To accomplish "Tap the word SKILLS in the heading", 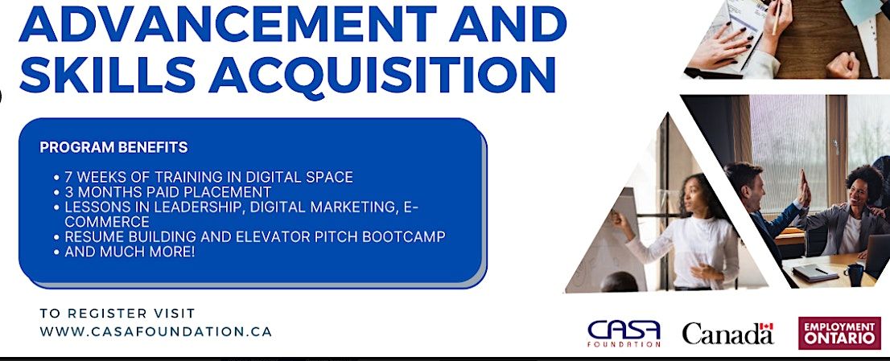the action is pyautogui.click(x=106, y=72).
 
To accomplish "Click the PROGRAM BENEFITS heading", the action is pyautogui.click(x=113, y=148).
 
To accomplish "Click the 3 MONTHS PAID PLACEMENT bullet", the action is pyautogui.click(x=168, y=192).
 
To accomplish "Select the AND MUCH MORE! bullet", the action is pyautogui.click(x=130, y=252).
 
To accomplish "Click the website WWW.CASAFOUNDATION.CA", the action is pyautogui.click(x=155, y=331).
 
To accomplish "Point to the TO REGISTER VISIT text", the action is pyautogui.click(x=117, y=314).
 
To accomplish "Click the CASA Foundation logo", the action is pyautogui.click(x=624, y=333).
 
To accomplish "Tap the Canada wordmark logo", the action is pyautogui.click(x=728, y=333).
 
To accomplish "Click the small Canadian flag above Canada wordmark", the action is pyautogui.click(x=766, y=327).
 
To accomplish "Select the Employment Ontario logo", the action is pyautogui.click(x=839, y=333).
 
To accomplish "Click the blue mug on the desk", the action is pyautogui.click(x=853, y=274).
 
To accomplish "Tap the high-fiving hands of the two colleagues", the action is pyautogui.click(x=804, y=188).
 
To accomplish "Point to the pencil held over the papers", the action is pyautogui.click(x=775, y=17).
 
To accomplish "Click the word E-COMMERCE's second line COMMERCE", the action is pyautogui.click(x=107, y=222).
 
